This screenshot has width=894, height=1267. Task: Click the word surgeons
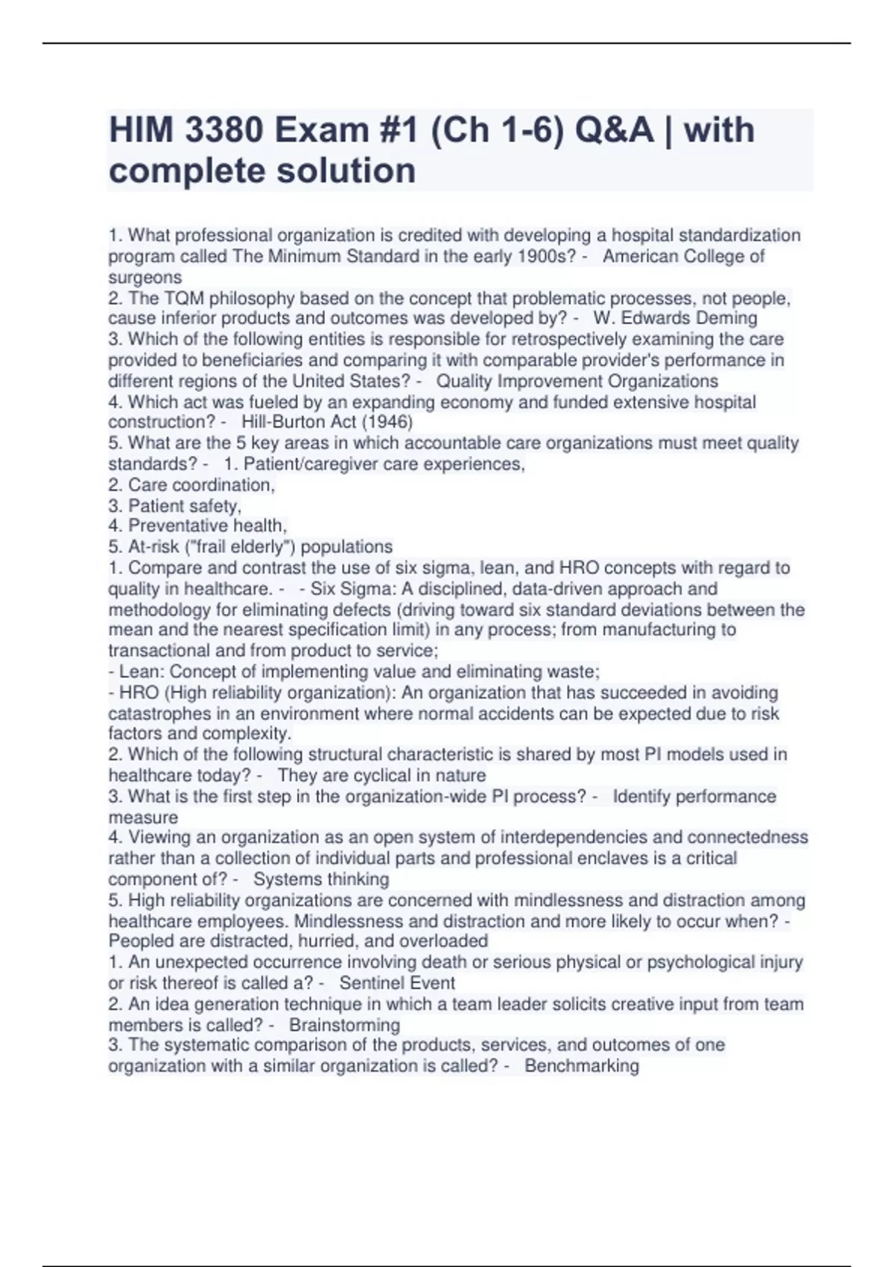145,277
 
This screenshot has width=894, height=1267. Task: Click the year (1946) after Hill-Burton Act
387,422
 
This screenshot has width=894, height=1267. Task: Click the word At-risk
151,546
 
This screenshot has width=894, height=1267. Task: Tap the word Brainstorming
344,1025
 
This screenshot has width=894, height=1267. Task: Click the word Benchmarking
581,1066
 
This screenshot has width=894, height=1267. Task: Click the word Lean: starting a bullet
142,672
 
